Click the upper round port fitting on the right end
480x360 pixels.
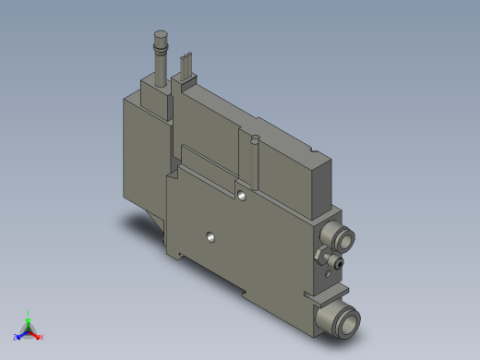tap(342, 243)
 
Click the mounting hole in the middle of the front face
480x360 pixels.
tap(211, 238)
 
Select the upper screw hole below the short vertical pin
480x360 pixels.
tap(242, 196)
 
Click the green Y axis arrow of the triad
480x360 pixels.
tap(29, 316)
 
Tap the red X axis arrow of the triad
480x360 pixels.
tap(38, 336)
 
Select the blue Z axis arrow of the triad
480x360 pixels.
tap(18, 335)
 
